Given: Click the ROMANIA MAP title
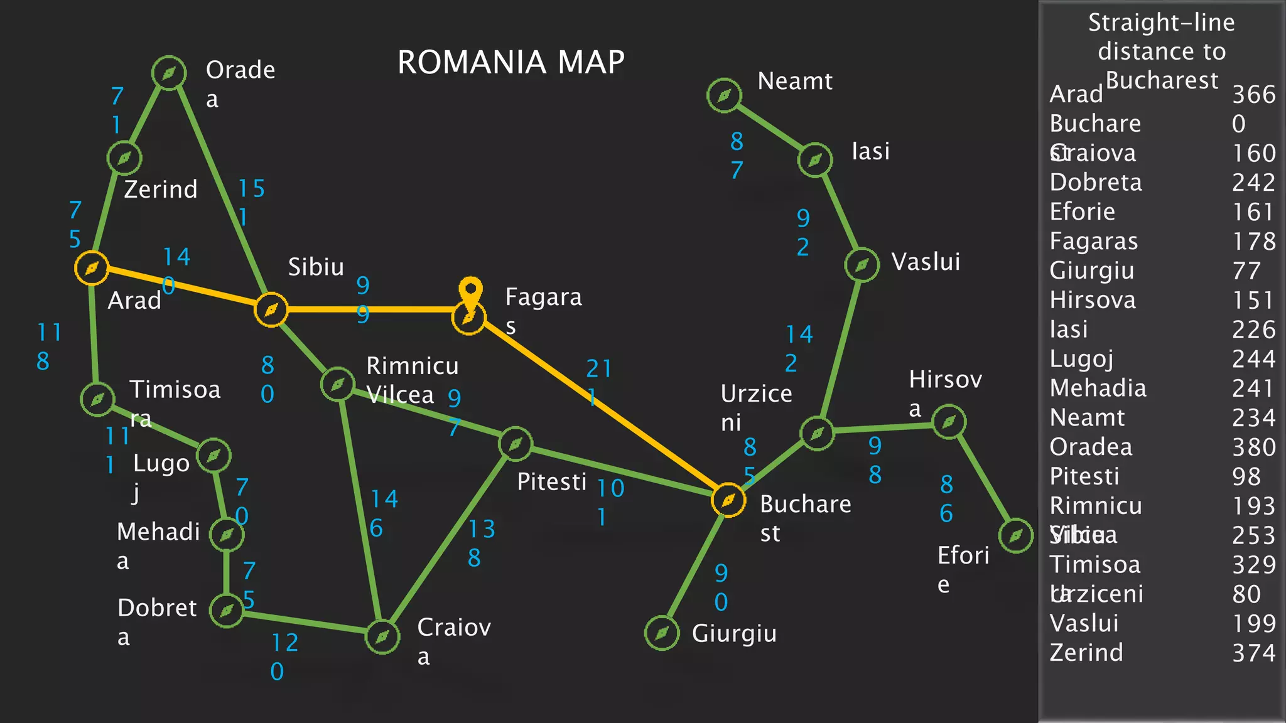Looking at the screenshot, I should (x=511, y=62).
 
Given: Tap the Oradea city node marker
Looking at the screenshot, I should (x=169, y=73).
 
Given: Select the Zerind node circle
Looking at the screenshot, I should (x=124, y=158).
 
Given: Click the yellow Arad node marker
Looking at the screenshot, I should (x=92, y=268).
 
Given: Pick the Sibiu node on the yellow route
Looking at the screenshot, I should (x=271, y=309).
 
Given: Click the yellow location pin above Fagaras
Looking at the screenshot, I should (x=470, y=291).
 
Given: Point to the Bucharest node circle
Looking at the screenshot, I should (x=728, y=500).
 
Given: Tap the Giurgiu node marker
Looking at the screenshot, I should (x=662, y=633).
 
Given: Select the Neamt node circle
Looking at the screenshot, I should (x=724, y=95).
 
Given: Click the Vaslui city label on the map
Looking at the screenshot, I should (x=926, y=262).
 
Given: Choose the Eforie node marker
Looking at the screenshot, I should (x=1015, y=535).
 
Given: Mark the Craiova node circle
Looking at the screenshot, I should (x=382, y=637).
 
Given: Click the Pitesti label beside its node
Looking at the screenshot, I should (x=551, y=482).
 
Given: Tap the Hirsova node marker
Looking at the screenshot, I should (x=949, y=422).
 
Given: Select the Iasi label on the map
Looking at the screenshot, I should (x=870, y=151).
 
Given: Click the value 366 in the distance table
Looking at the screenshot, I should (x=1253, y=95).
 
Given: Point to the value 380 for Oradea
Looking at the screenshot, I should (x=1253, y=447).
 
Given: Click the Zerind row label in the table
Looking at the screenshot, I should (x=1086, y=653).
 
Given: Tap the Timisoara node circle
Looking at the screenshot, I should (x=97, y=399).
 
